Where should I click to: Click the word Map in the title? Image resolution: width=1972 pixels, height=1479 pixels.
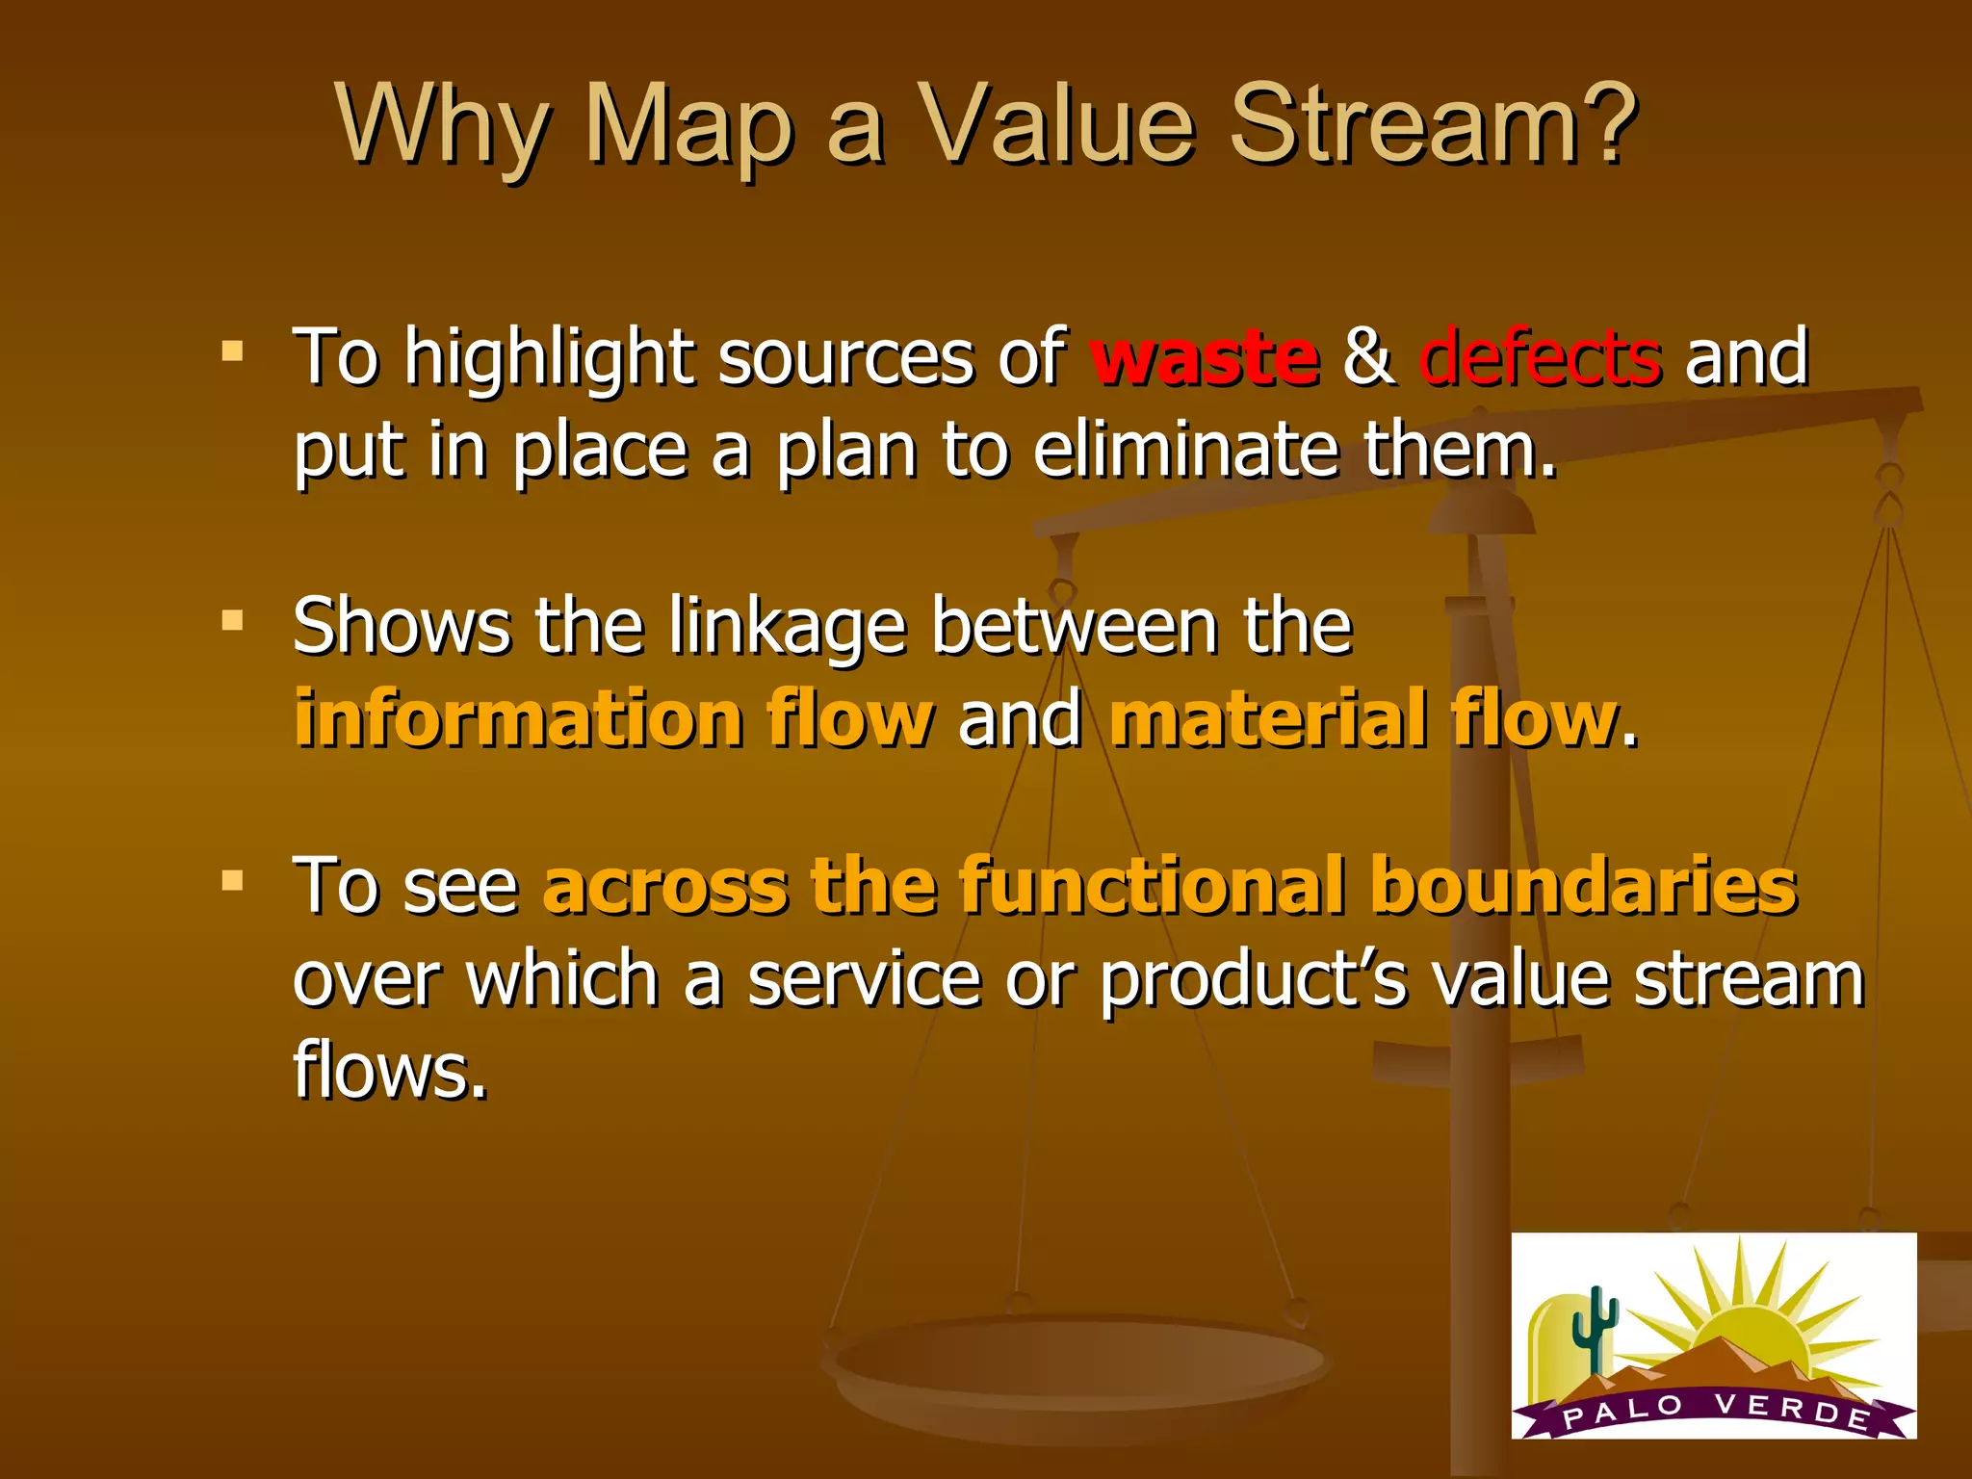pos(689,127)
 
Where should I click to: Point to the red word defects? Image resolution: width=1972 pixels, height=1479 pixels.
pos(1540,356)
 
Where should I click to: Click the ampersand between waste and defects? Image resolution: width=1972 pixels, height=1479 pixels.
pos(1368,356)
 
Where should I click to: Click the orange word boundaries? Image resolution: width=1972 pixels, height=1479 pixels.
pos(1583,886)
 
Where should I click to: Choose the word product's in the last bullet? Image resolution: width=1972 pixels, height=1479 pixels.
pos(1253,979)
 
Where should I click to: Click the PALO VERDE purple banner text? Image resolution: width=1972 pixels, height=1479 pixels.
pos(1715,1412)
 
